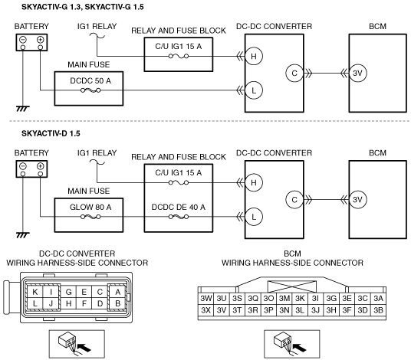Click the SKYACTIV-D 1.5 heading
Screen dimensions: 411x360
click(x=51, y=133)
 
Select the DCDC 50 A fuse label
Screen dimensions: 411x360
click(x=90, y=80)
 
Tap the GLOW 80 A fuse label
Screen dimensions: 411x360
click(x=90, y=207)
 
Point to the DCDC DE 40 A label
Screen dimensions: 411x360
click(x=178, y=207)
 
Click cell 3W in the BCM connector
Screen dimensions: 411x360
click(x=205, y=298)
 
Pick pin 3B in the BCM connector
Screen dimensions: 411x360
click(x=378, y=310)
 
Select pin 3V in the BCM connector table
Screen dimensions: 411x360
click(x=222, y=310)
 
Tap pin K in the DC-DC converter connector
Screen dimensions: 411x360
click(x=35, y=292)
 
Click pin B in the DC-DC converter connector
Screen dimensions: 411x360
click(x=117, y=303)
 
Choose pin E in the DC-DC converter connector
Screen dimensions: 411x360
click(x=84, y=292)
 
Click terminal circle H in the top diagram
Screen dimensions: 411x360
click(x=254, y=56)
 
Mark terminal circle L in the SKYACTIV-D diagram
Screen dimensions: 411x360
click(x=254, y=217)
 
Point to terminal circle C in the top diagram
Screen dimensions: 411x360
click(x=294, y=73)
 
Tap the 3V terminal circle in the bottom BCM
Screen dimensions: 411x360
click(x=357, y=199)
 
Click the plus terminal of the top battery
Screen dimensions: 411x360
click(x=40, y=40)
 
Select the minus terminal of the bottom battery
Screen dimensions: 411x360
click(x=23, y=166)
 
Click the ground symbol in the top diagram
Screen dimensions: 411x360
click(x=23, y=109)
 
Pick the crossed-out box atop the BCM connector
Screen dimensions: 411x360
click(x=291, y=286)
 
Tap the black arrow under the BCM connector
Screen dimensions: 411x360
click(x=299, y=348)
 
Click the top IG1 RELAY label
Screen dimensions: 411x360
click(x=97, y=26)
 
